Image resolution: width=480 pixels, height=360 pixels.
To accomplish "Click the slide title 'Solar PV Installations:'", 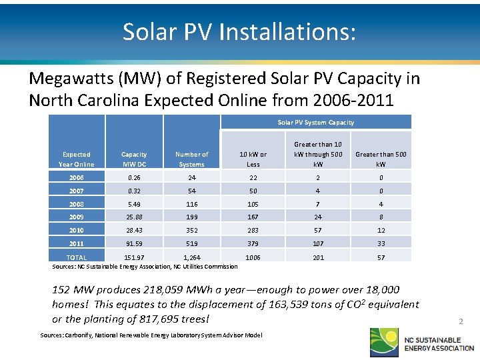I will pos(239,31).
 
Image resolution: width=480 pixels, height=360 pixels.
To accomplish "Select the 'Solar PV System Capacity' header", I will pos(315,122).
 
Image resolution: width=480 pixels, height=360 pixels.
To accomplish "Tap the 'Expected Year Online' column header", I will pos(77,159).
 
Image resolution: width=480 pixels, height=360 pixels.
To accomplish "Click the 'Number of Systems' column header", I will pos(191,159).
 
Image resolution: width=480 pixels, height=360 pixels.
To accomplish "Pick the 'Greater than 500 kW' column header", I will pos(381,159).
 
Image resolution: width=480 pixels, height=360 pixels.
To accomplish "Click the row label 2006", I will pos(77,177).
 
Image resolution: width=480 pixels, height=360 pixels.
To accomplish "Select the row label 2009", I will pos(77,217).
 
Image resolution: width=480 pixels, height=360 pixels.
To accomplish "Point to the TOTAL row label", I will pos(77,257).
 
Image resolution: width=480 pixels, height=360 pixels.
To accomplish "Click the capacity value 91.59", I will pos(134,243).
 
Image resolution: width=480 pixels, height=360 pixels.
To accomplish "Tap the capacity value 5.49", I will pos(134,203).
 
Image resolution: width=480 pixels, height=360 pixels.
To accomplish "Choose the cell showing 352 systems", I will pos(191,230).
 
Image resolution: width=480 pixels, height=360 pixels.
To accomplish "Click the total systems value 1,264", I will pos(191,257).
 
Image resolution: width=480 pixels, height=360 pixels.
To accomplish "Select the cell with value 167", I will pos(253,217).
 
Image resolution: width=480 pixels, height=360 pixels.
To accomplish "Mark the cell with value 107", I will pos(318,243).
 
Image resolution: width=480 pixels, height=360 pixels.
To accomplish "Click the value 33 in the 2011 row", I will pos(381,243).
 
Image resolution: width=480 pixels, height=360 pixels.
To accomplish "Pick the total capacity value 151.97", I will pos(134,257).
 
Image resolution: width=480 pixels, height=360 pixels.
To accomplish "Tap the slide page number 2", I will pos(460,321).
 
